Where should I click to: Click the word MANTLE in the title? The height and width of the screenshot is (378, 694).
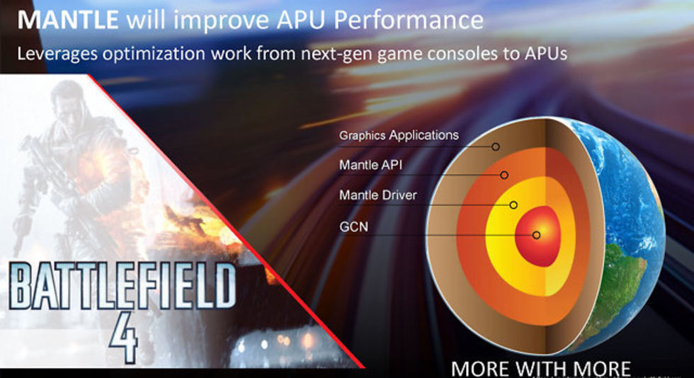click(x=68, y=20)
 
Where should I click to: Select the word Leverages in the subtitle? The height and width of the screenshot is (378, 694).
click(x=57, y=54)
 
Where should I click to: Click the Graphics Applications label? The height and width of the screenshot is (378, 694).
click(x=399, y=135)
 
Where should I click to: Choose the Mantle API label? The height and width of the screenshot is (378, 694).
click(x=371, y=165)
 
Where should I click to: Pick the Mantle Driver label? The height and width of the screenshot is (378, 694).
click(x=378, y=195)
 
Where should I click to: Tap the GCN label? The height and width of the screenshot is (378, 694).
click(x=353, y=227)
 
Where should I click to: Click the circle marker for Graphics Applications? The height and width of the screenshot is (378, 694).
click(x=496, y=147)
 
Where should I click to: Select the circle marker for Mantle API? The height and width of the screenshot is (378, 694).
click(x=504, y=176)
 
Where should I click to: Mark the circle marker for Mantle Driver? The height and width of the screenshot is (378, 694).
click(x=513, y=205)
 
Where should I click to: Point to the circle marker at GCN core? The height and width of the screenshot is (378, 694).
click(x=537, y=235)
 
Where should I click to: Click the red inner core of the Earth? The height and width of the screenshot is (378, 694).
click(x=538, y=236)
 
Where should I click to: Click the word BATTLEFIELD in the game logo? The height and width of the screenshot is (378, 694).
click(x=122, y=285)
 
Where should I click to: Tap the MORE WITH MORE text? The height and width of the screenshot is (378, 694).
click(x=541, y=368)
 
